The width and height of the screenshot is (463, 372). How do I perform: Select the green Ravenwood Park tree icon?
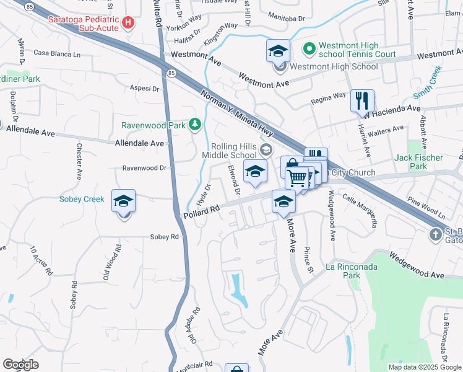(195, 125)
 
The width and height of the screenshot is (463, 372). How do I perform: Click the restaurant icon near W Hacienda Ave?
(362, 100)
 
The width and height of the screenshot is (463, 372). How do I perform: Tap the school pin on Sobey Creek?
(123, 202)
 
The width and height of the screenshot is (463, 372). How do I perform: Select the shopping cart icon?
(298, 178)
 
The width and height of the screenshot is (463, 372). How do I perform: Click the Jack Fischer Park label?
(419, 162)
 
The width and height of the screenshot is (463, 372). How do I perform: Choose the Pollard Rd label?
(202, 211)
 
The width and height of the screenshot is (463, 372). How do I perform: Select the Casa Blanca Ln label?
(58, 54)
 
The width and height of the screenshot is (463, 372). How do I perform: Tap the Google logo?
(20, 365)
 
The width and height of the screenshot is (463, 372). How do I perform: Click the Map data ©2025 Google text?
(425, 367)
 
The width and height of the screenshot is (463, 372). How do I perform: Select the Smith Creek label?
(426, 87)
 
